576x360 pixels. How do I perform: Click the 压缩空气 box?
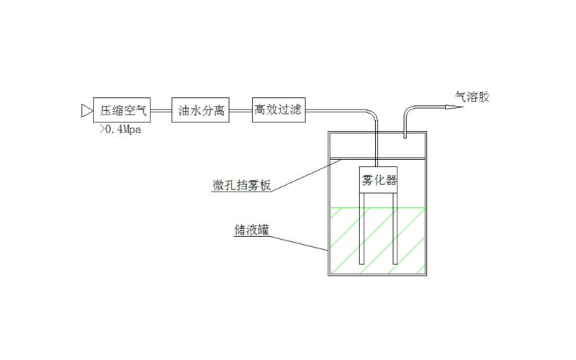click(x=123, y=110)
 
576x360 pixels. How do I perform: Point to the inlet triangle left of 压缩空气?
click(x=86, y=110)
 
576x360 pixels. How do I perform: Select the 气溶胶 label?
click(x=472, y=96)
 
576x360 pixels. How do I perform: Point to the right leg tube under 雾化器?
click(x=394, y=227)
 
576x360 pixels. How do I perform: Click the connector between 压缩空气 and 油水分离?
click(x=162, y=110)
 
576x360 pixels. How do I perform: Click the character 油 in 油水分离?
click(x=184, y=110)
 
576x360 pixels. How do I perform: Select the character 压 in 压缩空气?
click(x=106, y=110)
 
